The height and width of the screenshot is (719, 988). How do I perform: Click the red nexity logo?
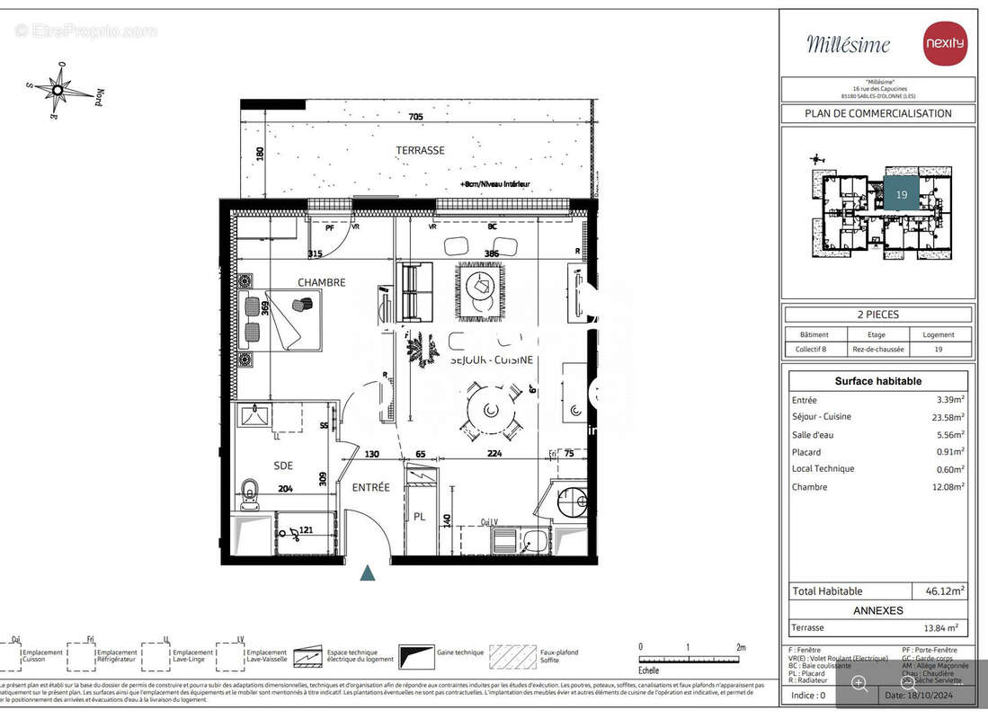pyautogui.click(x=945, y=43)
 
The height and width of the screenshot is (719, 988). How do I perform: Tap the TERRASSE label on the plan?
pyautogui.click(x=420, y=150)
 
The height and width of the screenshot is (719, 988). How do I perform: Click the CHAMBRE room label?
pyautogui.click(x=321, y=282)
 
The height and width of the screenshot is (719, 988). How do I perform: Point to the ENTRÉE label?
pyautogui.click(x=370, y=487)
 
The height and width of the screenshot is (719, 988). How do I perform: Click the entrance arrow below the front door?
pyautogui.click(x=367, y=573)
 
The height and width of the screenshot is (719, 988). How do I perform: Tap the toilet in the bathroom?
pyautogui.click(x=249, y=493)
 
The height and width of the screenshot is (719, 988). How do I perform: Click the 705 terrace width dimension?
pyautogui.click(x=415, y=117)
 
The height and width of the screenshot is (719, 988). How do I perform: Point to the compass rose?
pyautogui.click(x=59, y=88)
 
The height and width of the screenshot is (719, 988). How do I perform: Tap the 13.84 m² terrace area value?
pyautogui.click(x=939, y=628)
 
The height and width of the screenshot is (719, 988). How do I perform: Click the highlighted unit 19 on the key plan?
pyautogui.click(x=901, y=194)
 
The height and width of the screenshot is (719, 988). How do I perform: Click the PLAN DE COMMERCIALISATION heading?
pyautogui.click(x=877, y=113)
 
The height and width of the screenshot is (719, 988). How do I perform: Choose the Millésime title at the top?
pyautogui.click(x=848, y=44)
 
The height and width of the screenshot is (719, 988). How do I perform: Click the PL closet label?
pyautogui.click(x=419, y=517)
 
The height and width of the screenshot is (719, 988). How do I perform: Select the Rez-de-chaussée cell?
pyautogui.click(x=877, y=349)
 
